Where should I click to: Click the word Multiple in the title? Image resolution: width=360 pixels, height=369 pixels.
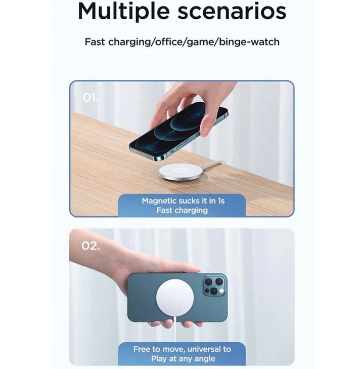click(x=124, y=11)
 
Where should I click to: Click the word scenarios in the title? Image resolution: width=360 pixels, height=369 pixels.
click(x=232, y=12)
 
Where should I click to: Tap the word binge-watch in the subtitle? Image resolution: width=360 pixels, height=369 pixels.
click(x=249, y=42)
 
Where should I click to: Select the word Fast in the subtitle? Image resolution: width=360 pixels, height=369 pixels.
click(x=95, y=42)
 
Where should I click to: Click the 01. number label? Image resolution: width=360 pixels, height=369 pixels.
click(x=90, y=97)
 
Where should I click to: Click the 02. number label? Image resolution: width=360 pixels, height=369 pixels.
click(x=91, y=246)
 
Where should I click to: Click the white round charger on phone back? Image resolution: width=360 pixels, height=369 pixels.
click(x=175, y=298)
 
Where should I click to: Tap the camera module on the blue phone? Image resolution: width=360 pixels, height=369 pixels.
click(x=214, y=285)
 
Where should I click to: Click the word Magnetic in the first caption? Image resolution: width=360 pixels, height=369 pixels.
click(x=159, y=201)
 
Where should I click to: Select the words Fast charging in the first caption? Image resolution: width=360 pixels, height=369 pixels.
click(x=182, y=211)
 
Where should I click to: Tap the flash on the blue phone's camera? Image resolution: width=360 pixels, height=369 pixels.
click(x=221, y=291)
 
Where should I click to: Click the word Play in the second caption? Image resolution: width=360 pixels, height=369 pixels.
click(x=159, y=359)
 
